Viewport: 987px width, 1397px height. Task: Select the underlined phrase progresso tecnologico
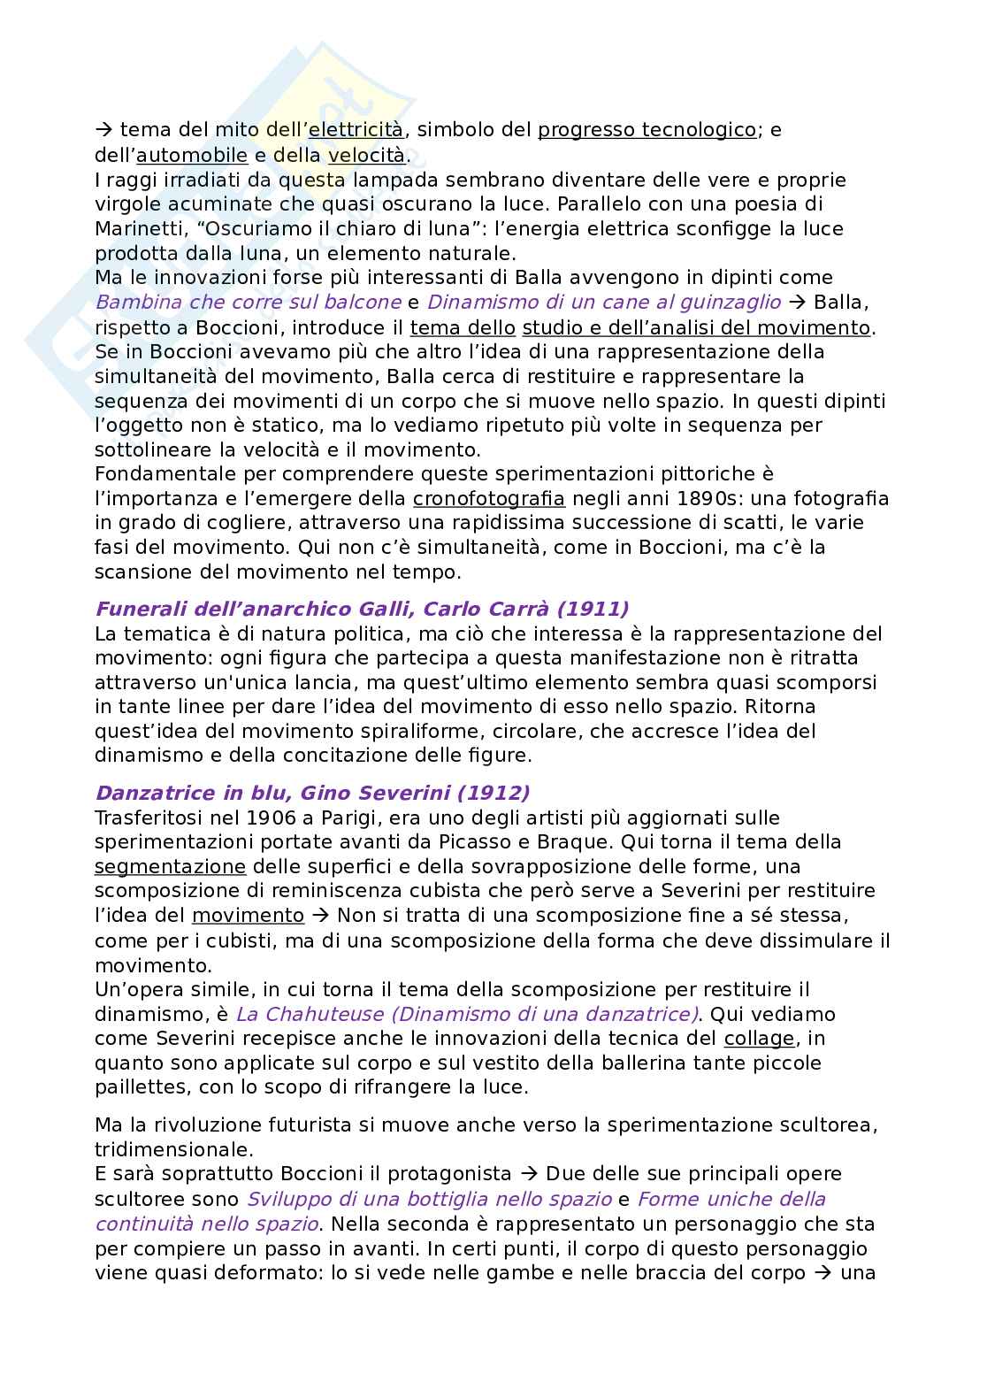[x=647, y=130]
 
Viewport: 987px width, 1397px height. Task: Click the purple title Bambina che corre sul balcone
[x=249, y=303]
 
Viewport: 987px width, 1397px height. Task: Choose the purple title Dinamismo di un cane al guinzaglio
[x=604, y=303]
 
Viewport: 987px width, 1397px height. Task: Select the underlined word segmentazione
[x=170, y=866]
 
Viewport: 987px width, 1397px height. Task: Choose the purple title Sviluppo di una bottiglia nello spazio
[x=429, y=1200]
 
